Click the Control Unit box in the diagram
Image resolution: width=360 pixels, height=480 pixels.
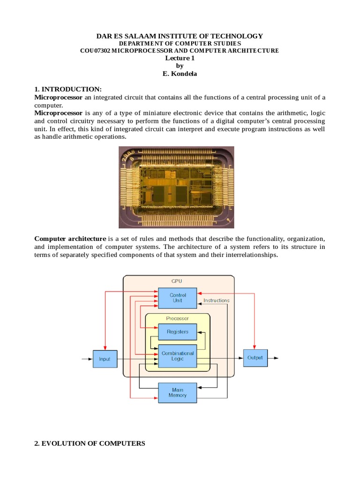click(178, 298)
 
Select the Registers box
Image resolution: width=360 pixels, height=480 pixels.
click(178, 332)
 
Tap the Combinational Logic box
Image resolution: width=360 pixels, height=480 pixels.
click(178, 356)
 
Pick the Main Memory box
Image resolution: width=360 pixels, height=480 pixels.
click(178, 392)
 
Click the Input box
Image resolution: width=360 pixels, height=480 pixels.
click(105, 359)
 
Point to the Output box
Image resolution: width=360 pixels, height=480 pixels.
click(255, 358)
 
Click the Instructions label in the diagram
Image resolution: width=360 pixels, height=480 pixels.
click(216, 300)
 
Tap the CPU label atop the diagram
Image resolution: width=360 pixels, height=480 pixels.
click(177, 281)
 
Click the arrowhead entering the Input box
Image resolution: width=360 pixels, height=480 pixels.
click(90, 359)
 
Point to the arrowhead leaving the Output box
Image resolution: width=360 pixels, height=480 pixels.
click(277, 358)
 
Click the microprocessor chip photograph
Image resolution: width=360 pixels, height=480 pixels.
click(176, 187)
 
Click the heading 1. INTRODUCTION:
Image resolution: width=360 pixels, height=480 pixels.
click(68, 90)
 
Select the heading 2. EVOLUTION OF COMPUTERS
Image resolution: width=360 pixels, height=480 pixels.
click(90, 443)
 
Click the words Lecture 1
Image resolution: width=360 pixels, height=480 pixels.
click(179, 58)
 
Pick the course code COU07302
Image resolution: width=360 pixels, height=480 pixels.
click(95, 51)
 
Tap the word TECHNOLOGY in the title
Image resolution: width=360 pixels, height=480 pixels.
click(236, 36)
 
